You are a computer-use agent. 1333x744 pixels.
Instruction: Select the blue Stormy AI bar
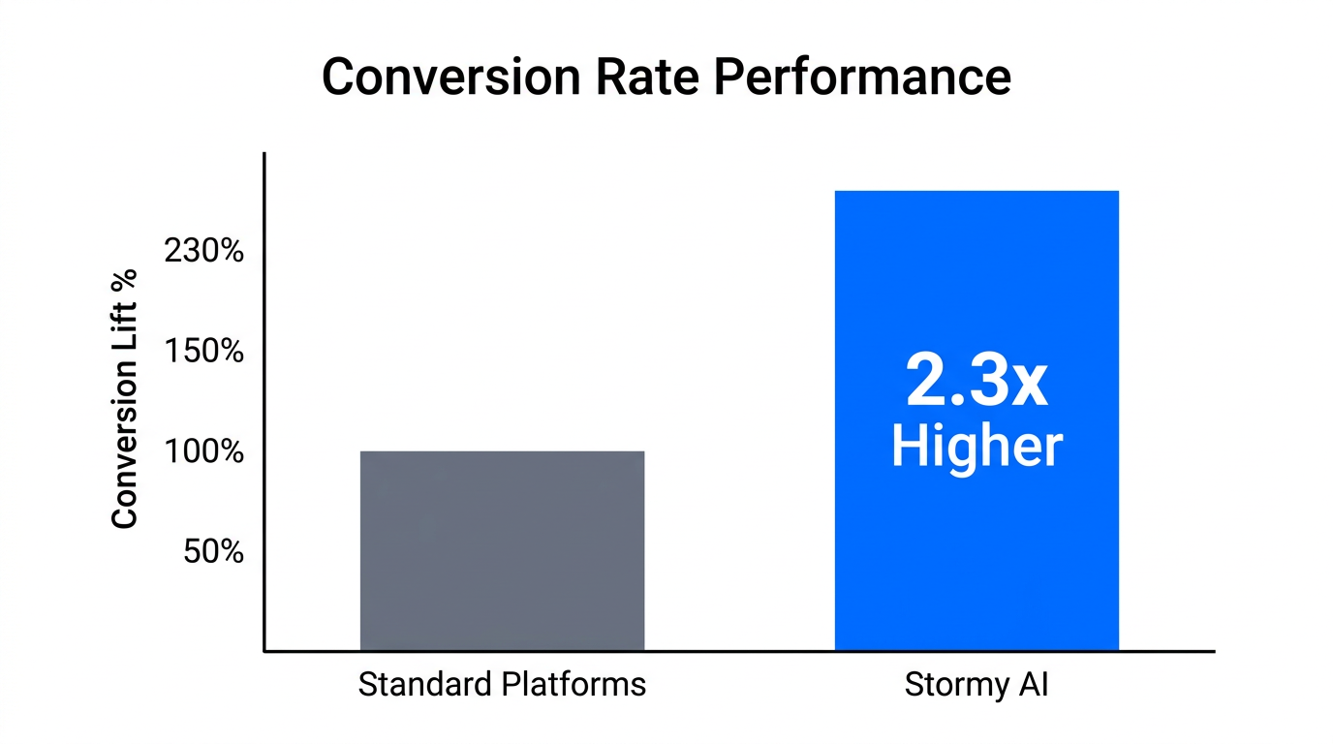[976, 291]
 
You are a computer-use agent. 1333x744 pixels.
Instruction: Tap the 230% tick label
[204, 251]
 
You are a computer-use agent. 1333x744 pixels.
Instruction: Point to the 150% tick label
[204, 351]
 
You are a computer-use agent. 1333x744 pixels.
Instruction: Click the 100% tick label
[204, 451]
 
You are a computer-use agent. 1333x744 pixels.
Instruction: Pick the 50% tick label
[213, 551]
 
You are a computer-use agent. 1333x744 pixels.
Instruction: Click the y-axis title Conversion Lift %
[125, 400]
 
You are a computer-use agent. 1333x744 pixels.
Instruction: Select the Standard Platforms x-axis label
[502, 685]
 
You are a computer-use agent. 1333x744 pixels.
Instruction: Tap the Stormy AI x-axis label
[976, 685]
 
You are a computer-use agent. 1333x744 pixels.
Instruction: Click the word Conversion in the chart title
[449, 77]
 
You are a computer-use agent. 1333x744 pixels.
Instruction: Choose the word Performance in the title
[862, 77]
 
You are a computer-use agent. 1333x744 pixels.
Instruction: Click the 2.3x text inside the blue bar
[976, 382]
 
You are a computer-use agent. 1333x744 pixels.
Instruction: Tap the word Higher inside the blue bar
[976, 447]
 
